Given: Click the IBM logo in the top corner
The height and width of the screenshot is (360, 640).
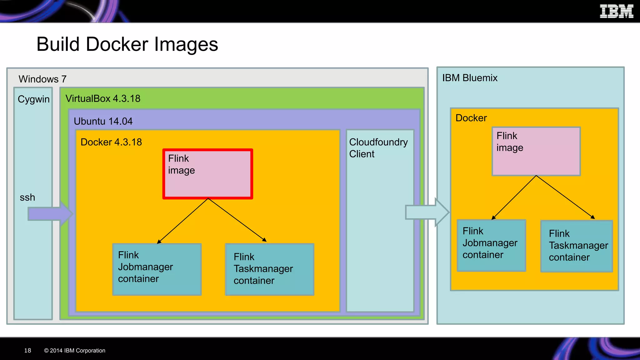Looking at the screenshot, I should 616,12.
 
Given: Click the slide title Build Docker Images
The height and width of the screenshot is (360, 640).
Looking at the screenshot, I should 127,44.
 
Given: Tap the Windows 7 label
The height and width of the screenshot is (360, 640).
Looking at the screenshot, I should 42,79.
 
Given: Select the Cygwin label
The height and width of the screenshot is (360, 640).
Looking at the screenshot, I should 33,99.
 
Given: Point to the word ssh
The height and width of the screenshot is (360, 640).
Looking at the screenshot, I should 27,197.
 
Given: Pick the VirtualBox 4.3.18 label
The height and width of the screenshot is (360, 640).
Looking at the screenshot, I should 103,98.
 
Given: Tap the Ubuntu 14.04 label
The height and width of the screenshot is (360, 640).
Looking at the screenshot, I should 103,121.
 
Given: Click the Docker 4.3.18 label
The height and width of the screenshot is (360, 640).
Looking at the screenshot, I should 111,142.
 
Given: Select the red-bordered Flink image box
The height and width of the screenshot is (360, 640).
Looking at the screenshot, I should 207,174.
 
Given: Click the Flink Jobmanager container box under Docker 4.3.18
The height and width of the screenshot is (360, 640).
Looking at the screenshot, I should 157,269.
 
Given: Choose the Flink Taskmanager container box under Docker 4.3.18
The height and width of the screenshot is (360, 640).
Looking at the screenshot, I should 269,269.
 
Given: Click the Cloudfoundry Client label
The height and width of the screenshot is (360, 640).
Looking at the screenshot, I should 378,148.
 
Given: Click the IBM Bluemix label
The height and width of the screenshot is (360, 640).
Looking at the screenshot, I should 470,78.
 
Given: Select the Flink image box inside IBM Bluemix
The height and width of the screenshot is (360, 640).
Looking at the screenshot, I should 536,151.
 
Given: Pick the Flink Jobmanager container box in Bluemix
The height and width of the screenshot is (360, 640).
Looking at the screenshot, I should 491,245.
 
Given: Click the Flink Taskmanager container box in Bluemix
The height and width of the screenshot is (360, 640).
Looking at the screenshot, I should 577,246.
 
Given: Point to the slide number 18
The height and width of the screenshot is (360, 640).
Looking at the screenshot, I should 27,350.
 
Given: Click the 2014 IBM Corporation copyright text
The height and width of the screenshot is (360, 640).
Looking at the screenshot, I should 75,350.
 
